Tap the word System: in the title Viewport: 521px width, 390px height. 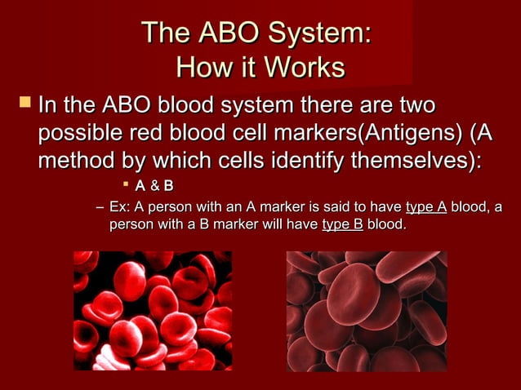coord(318,34)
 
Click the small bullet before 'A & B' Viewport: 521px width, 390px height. coord(126,186)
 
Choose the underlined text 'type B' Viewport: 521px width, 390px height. coord(343,223)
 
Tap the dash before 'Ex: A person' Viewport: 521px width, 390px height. coord(99,207)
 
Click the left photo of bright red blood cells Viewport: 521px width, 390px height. coord(152,310)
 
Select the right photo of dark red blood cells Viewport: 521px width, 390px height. coord(367,311)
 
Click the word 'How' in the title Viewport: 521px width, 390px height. coord(201,69)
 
